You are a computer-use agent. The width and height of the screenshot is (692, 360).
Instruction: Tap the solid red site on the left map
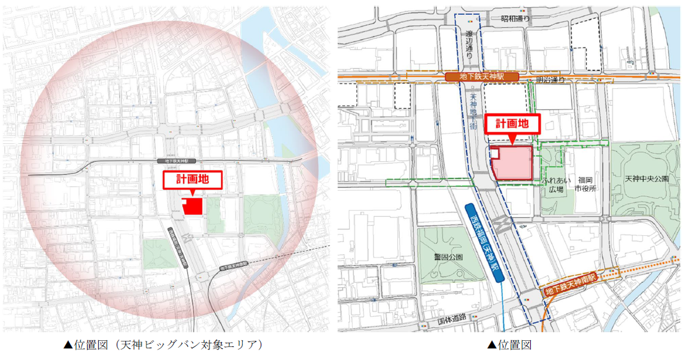click(193, 207)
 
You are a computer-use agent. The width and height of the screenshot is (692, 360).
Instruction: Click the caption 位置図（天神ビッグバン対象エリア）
click(164, 345)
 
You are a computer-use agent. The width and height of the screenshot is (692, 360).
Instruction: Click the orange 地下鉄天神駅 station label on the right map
click(483, 77)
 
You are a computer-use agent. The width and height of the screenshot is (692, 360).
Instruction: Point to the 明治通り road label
click(551, 80)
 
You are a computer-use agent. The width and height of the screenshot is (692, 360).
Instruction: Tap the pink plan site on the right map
click(513, 163)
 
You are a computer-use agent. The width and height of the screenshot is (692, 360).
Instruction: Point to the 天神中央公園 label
click(646, 179)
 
